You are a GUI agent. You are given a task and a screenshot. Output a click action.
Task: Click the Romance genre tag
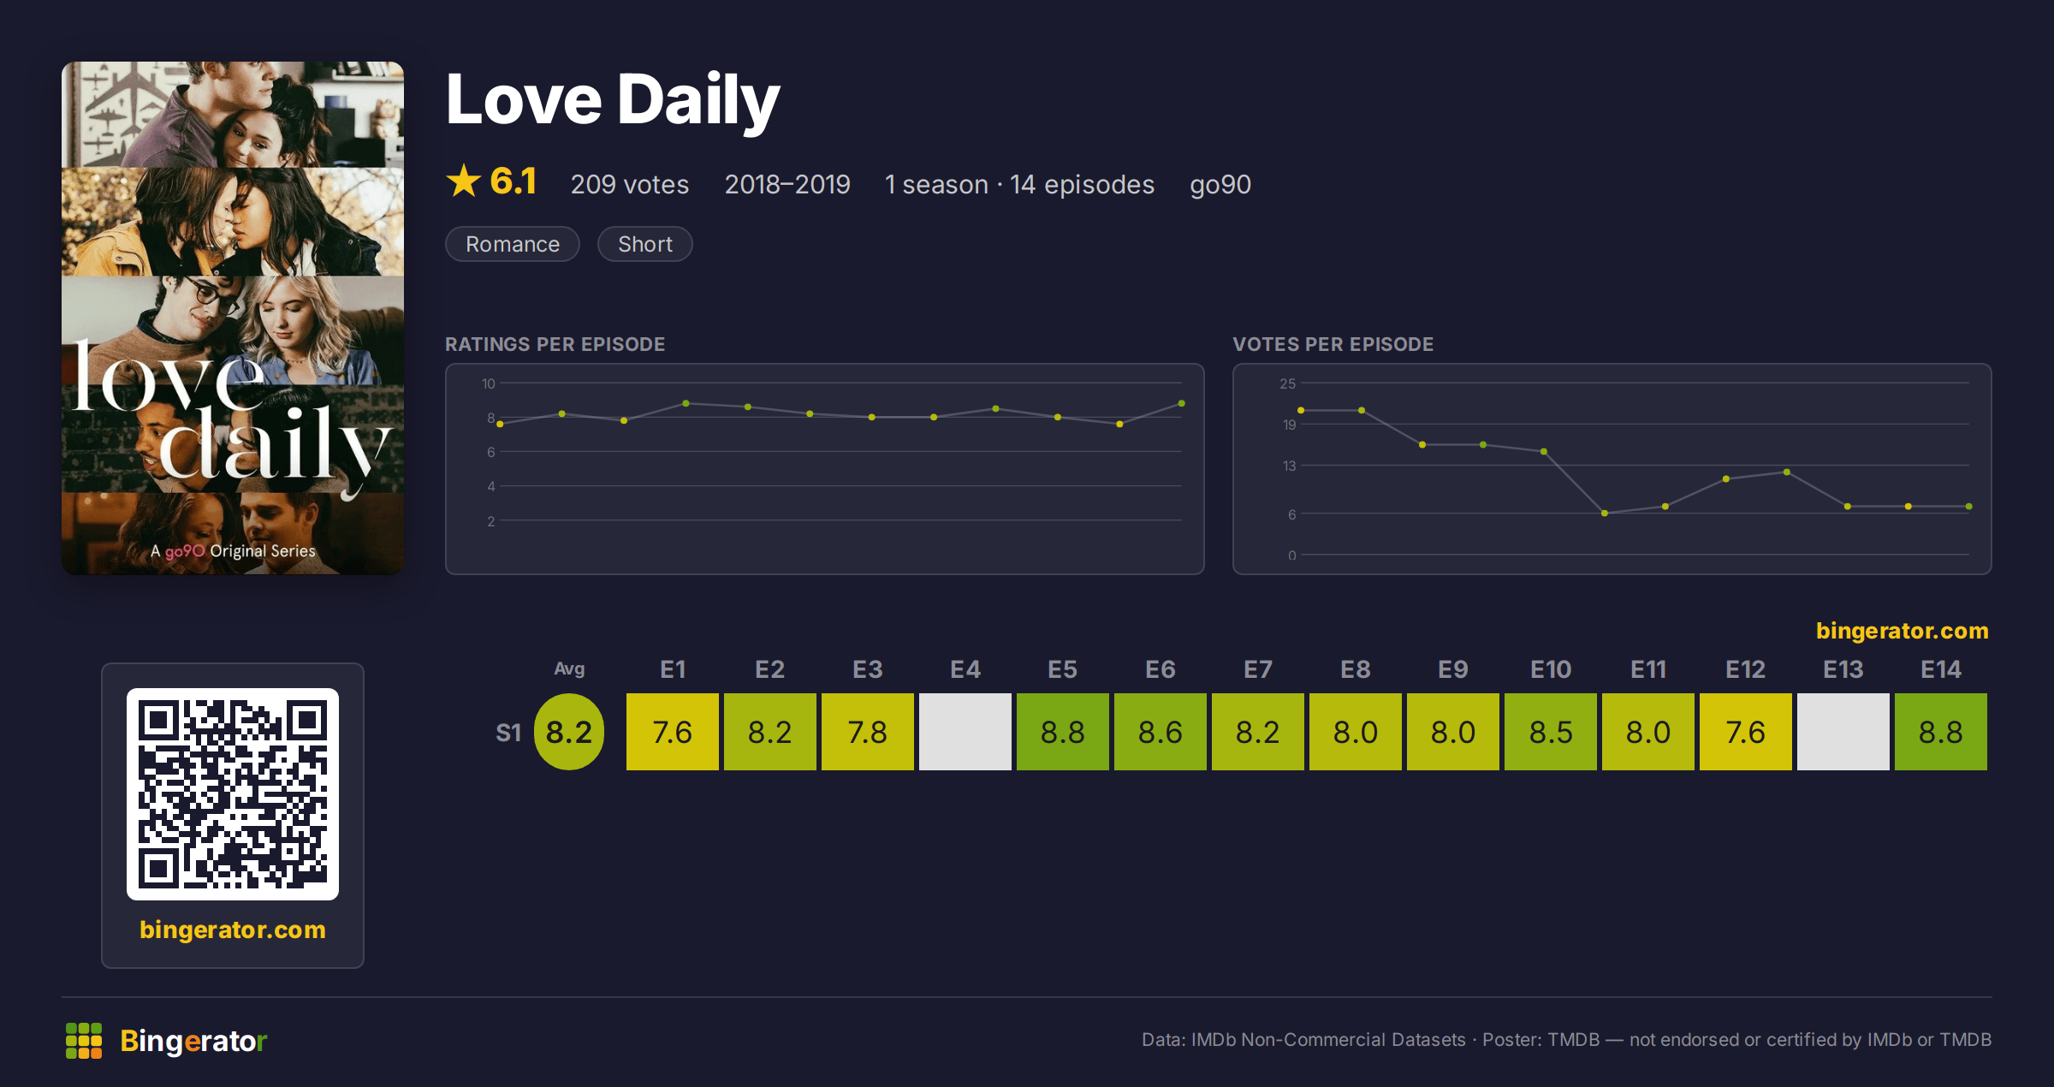tap(513, 244)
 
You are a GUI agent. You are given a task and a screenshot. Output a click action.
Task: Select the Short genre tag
tap(644, 244)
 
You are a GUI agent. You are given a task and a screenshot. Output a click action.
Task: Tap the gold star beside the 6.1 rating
tap(464, 181)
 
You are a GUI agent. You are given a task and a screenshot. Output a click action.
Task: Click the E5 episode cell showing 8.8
tap(1062, 732)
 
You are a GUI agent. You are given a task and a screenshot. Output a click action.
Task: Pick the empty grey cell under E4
tap(965, 732)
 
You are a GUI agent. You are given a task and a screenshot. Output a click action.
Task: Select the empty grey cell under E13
tap(1843, 732)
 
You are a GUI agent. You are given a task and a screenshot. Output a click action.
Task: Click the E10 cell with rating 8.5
tap(1550, 732)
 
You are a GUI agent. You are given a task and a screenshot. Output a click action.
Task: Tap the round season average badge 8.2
tap(569, 732)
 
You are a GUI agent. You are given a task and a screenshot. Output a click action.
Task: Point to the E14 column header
tap(1940, 669)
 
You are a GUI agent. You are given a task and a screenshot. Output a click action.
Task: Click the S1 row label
tap(508, 733)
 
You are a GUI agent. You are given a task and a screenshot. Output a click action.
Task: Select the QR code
tap(233, 794)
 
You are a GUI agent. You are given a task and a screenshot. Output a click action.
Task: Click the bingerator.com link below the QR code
tap(233, 930)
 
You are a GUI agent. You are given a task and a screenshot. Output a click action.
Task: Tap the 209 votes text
tap(630, 184)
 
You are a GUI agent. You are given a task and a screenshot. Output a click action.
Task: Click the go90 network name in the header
tap(1220, 185)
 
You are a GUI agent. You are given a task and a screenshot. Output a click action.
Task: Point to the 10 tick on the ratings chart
tap(489, 383)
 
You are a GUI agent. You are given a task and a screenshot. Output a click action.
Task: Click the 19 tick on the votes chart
tap(1289, 425)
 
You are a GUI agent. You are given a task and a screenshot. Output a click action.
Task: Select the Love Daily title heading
tap(613, 100)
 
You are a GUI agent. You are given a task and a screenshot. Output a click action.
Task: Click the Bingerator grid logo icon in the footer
tap(84, 1041)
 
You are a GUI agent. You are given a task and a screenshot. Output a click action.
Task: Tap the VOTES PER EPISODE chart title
tap(1333, 344)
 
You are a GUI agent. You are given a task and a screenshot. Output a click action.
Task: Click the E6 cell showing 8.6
tap(1160, 732)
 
